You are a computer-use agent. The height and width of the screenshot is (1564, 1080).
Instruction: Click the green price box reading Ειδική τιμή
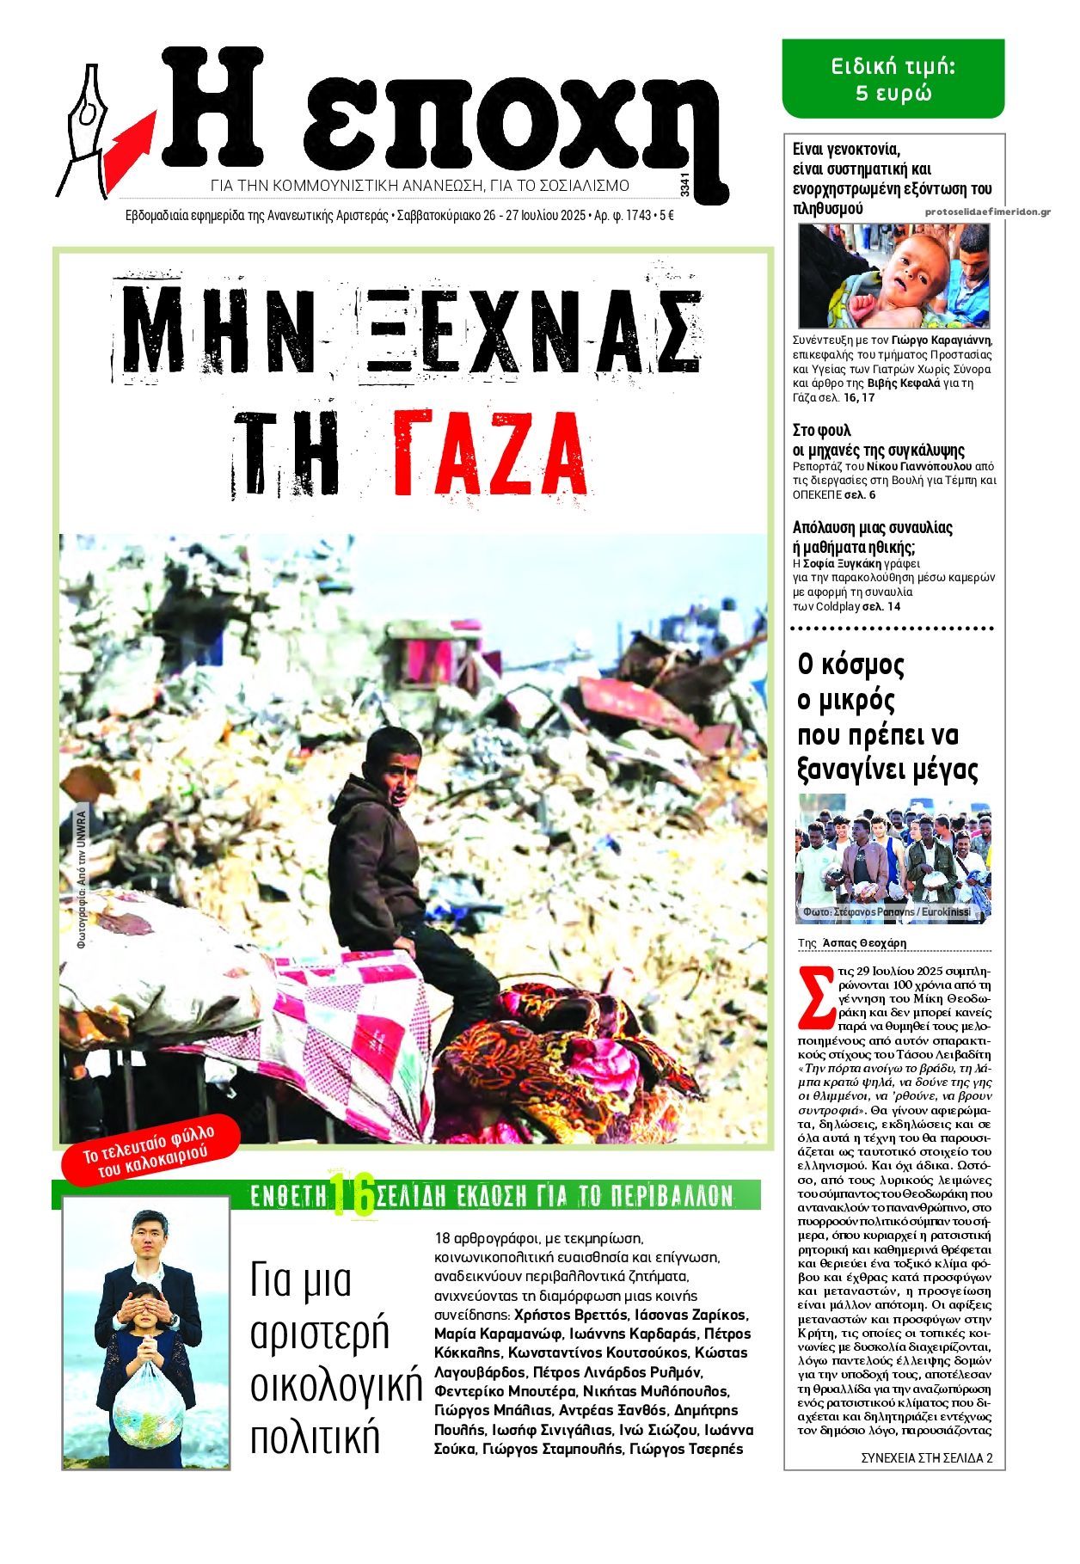tap(893, 79)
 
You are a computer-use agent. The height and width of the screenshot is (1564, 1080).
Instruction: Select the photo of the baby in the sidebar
tap(893, 276)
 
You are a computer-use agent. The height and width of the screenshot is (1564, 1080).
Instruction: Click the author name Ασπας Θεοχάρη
tap(864, 942)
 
